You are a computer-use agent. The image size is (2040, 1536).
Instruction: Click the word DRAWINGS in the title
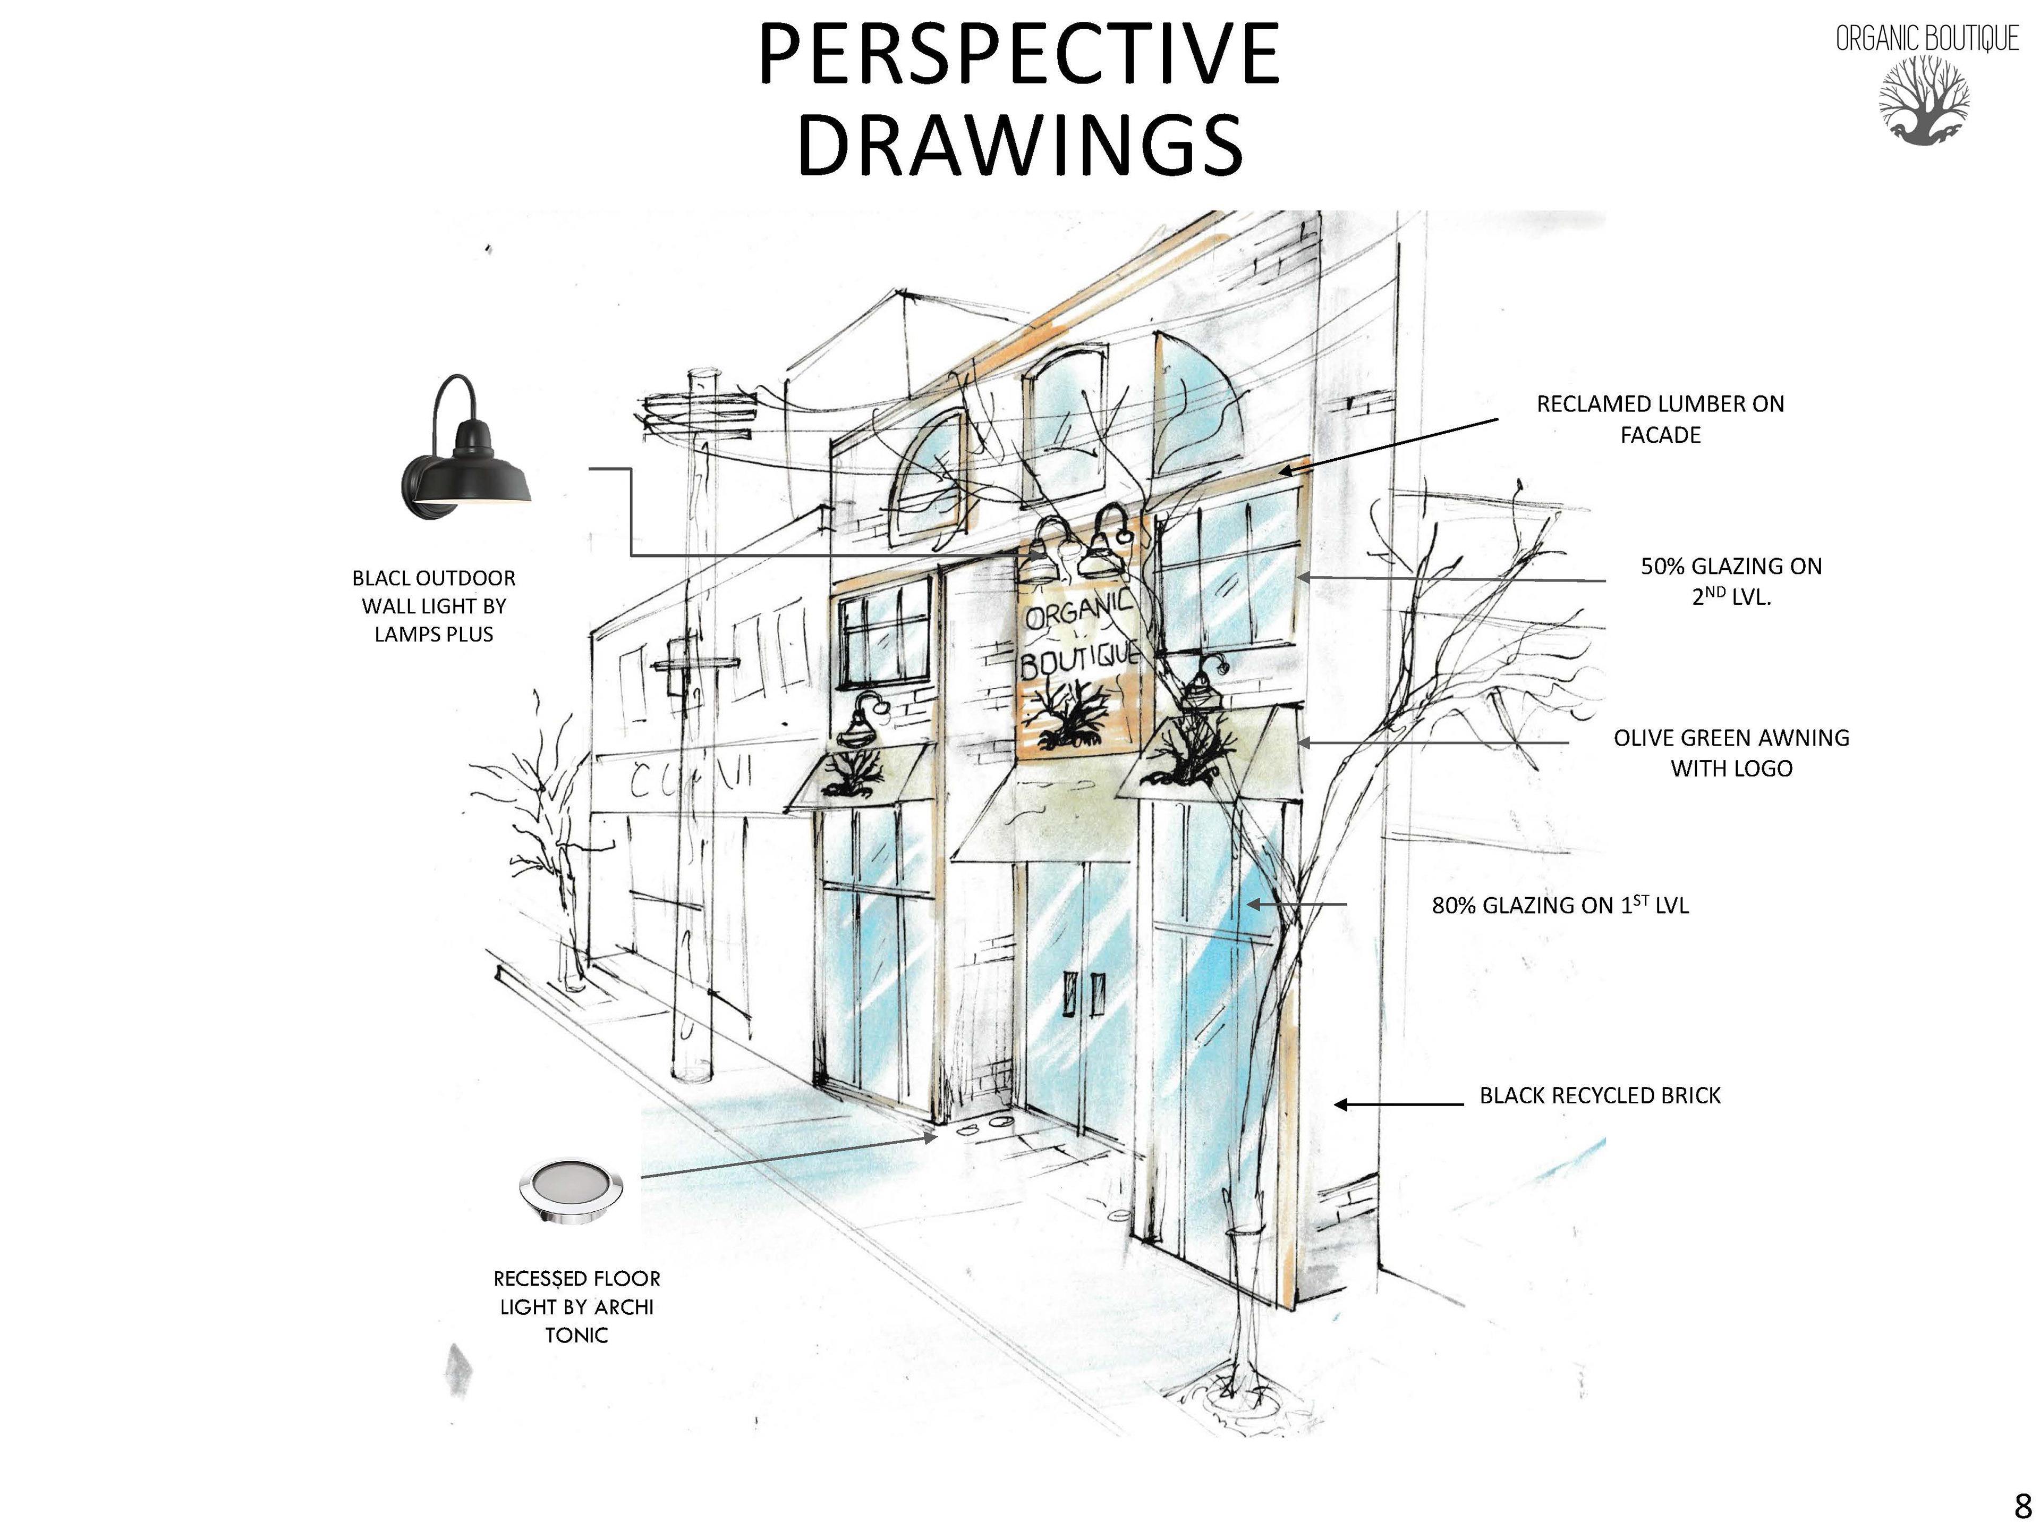(x=1019, y=145)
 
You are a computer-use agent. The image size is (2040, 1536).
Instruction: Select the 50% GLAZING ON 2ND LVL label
(x=1731, y=581)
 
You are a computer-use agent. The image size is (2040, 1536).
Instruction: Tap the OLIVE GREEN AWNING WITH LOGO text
(x=1731, y=753)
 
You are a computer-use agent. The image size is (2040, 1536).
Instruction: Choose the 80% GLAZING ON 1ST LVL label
(x=1560, y=906)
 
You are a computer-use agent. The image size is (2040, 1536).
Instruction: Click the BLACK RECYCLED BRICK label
(x=1600, y=1095)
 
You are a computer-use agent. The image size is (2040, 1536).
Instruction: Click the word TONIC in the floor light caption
(x=576, y=1335)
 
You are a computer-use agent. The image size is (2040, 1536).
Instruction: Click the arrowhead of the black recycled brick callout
(x=1340, y=1104)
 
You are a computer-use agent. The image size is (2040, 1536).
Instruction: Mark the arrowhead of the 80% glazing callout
(x=1252, y=905)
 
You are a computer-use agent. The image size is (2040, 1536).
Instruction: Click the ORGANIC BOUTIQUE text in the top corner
(x=1926, y=39)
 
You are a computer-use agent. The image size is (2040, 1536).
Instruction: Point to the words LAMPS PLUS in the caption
(x=433, y=635)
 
